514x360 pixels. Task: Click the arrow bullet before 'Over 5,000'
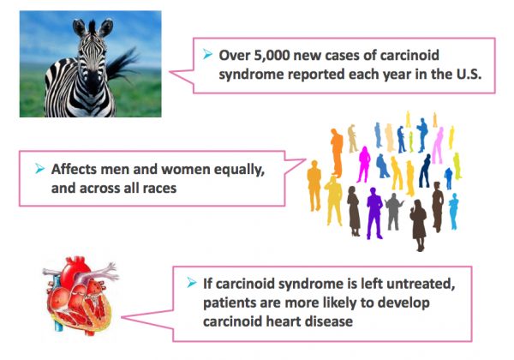pyautogui.click(x=208, y=54)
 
